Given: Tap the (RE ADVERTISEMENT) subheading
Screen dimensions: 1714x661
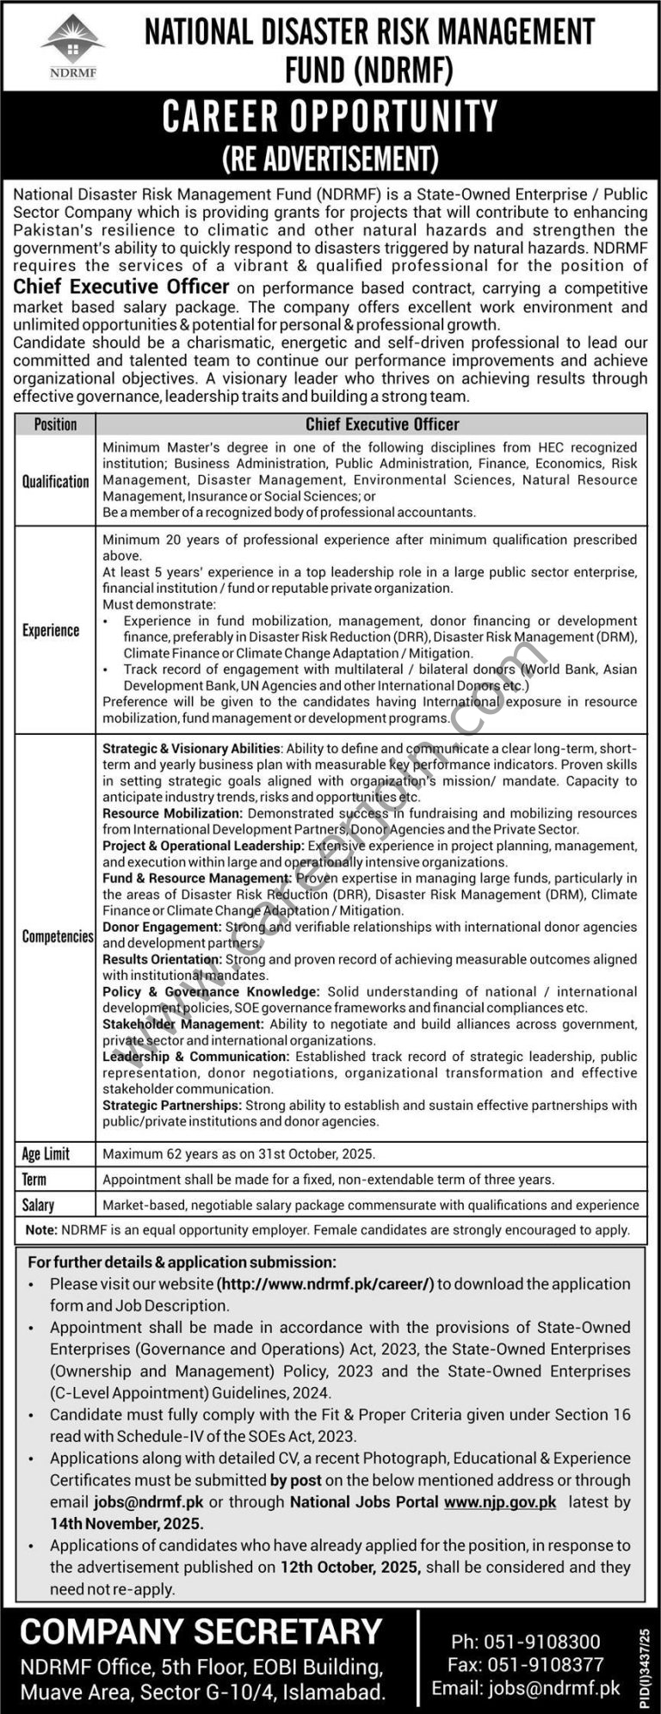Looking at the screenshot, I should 330,158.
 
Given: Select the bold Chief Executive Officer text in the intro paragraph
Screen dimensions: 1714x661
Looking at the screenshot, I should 121,287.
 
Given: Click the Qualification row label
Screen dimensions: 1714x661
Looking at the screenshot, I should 55,481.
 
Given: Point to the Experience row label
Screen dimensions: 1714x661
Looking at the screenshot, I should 51,631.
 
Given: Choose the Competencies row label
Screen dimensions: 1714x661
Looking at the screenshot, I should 58,936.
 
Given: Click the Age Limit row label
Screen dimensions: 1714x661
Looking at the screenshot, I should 46,1154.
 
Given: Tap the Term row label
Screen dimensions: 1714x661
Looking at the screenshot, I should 34,1180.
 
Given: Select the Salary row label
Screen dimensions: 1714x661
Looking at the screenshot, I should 38,1205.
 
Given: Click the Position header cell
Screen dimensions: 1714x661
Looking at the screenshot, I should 55,424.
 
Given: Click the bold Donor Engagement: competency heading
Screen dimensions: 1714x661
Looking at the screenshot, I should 162,927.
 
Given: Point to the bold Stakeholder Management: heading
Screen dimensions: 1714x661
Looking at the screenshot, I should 182,1024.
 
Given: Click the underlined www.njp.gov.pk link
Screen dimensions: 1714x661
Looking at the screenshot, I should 500,1501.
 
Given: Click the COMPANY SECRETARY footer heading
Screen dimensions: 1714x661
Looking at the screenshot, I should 201,1631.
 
